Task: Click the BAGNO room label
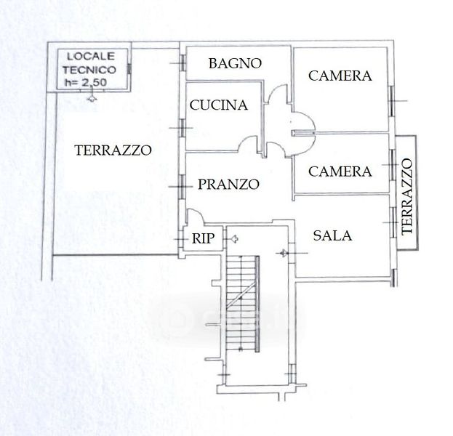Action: (234, 63)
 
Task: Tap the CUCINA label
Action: (218, 105)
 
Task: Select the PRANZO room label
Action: (228, 185)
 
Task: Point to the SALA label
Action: (332, 235)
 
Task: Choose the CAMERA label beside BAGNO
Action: (340, 76)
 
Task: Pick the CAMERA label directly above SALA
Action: (340, 171)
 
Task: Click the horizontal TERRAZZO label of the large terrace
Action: (113, 150)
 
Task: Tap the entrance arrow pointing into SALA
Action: (284, 252)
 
